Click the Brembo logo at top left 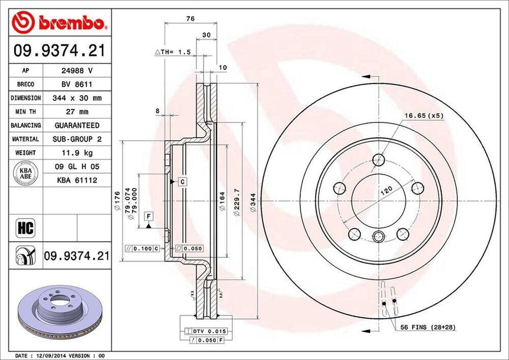point(59,22)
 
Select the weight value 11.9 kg point(77,153)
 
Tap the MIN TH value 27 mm point(77,112)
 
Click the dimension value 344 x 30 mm point(77,98)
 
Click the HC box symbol point(25,228)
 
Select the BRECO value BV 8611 point(77,85)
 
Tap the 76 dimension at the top point(190,18)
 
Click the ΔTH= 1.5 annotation point(172,52)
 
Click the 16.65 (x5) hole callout point(423,115)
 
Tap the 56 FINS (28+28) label point(428,328)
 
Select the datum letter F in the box point(148,215)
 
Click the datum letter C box point(182,181)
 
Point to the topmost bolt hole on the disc point(378,160)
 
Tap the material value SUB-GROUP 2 point(77,139)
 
